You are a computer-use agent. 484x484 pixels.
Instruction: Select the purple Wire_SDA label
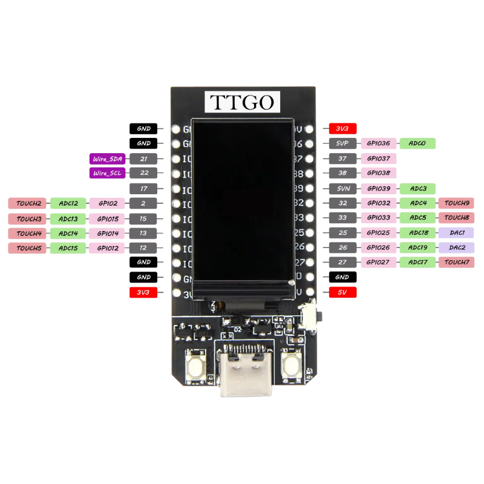107,159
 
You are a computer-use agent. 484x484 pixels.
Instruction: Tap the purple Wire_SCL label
107,173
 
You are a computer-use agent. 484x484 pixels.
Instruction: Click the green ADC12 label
68,203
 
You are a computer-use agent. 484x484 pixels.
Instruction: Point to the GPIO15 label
107,218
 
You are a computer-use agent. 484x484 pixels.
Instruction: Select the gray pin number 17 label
143,189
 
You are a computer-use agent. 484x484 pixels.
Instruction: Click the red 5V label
342,293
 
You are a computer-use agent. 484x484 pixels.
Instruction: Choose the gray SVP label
342,143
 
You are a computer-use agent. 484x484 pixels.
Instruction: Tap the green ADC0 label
417,143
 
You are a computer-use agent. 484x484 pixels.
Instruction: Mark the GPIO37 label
379,159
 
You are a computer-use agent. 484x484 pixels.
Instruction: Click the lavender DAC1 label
456,232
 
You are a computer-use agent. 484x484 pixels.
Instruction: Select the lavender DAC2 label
456,247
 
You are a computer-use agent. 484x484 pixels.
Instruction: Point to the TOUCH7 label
456,262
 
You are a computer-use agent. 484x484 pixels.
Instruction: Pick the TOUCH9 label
456,203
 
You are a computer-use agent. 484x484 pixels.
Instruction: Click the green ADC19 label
417,247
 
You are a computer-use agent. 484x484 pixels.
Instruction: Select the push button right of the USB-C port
292,366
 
